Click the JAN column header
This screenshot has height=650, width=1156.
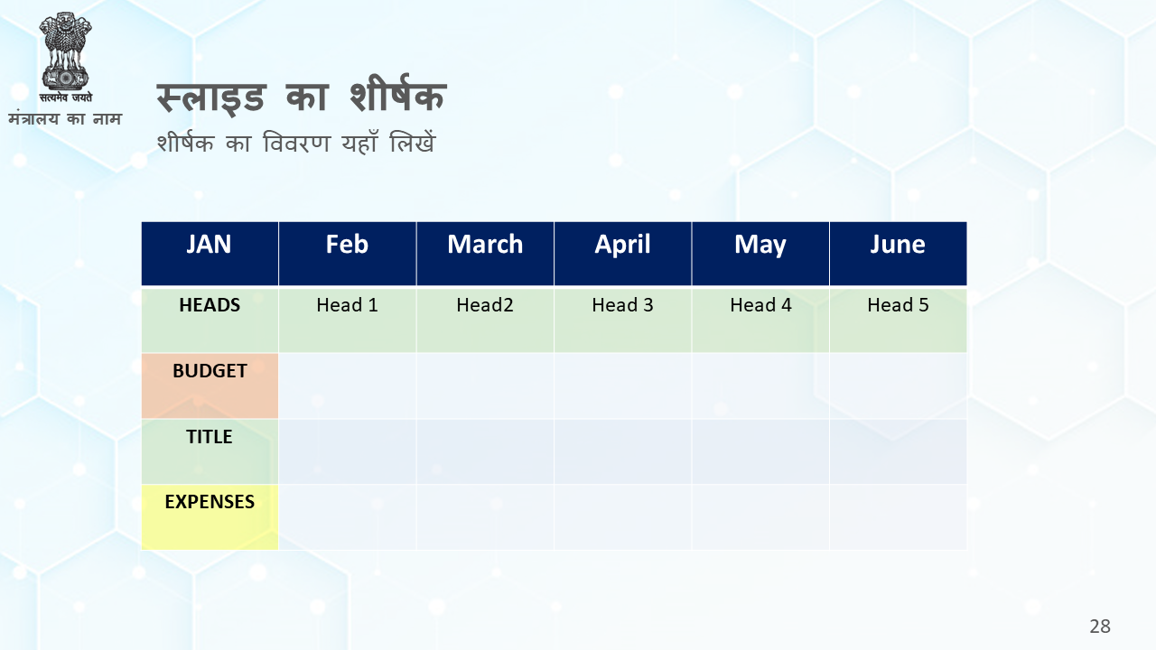pos(210,254)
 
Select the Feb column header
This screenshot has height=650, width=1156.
pos(348,254)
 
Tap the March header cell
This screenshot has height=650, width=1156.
pos(485,254)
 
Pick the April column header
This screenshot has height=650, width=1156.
pos(623,254)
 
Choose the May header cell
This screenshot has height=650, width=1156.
pos(760,254)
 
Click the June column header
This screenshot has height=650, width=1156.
pos(898,254)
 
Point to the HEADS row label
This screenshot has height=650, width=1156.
pos(210,320)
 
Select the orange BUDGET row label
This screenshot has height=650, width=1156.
pos(210,385)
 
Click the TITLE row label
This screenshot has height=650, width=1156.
pos(210,451)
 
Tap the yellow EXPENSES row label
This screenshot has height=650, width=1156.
pos(210,517)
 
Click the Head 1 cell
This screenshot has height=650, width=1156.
pos(348,320)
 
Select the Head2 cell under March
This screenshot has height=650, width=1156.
pos(485,320)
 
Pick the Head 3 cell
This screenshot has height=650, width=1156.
pos(623,320)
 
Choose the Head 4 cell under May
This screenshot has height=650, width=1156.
pos(760,320)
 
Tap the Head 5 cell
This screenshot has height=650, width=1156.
pos(898,320)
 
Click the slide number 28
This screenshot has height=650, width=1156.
pos(1100,627)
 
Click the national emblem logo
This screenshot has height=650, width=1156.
pos(66,57)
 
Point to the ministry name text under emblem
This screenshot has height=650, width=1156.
pos(65,118)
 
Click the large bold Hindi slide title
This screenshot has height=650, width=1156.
pos(301,96)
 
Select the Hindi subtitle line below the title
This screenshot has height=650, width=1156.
pos(296,143)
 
